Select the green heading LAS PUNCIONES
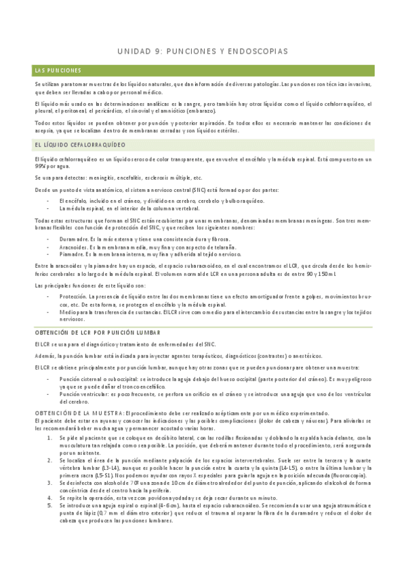click(x=58, y=71)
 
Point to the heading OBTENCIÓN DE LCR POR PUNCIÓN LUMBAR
click(x=97, y=333)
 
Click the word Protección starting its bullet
click(x=73, y=296)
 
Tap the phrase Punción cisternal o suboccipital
click(x=99, y=379)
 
